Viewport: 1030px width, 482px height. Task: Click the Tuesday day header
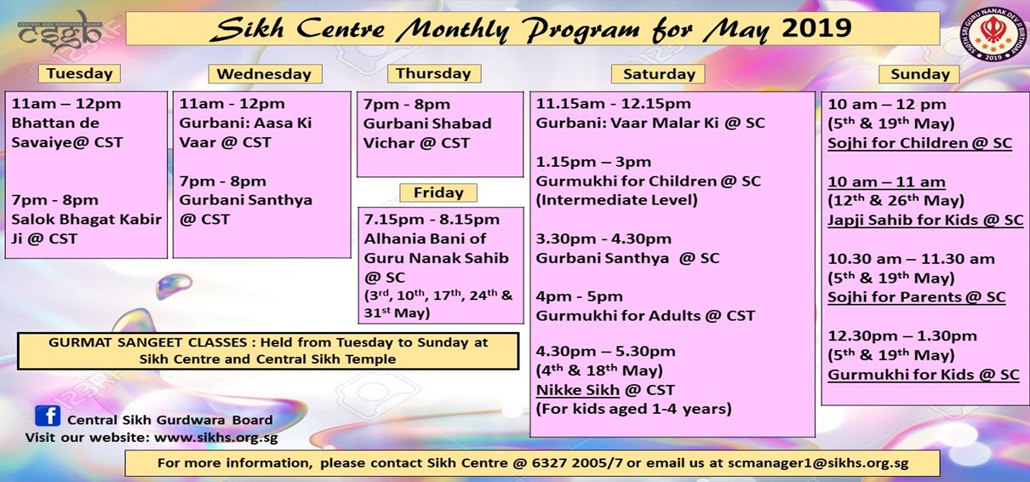tap(79, 73)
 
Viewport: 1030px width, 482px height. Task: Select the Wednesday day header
tap(265, 74)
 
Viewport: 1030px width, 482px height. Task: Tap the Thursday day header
tap(434, 73)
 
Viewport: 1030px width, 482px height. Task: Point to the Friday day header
tap(438, 192)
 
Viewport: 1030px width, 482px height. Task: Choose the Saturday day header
tap(658, 74)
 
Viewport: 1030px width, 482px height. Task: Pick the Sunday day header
tap(919, 74)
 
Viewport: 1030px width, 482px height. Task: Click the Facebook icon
tap(48, 416)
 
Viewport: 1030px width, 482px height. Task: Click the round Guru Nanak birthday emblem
tap(993, 35)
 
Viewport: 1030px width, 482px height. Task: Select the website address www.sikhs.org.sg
tap(215, 438)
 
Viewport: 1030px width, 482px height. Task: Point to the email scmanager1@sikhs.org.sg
tap(818, 463)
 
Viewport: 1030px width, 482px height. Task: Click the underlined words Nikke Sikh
tap(578, 390)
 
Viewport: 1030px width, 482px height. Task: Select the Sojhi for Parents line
tap(917, 297)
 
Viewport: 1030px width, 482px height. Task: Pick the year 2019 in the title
tap(816, 28)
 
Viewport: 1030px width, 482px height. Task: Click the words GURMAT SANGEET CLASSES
tap(147, 342)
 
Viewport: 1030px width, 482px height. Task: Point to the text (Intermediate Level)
tap(616, 200)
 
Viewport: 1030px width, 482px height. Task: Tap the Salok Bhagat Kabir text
tap(87, 220)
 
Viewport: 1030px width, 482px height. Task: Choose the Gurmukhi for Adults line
tap(645, 316)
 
